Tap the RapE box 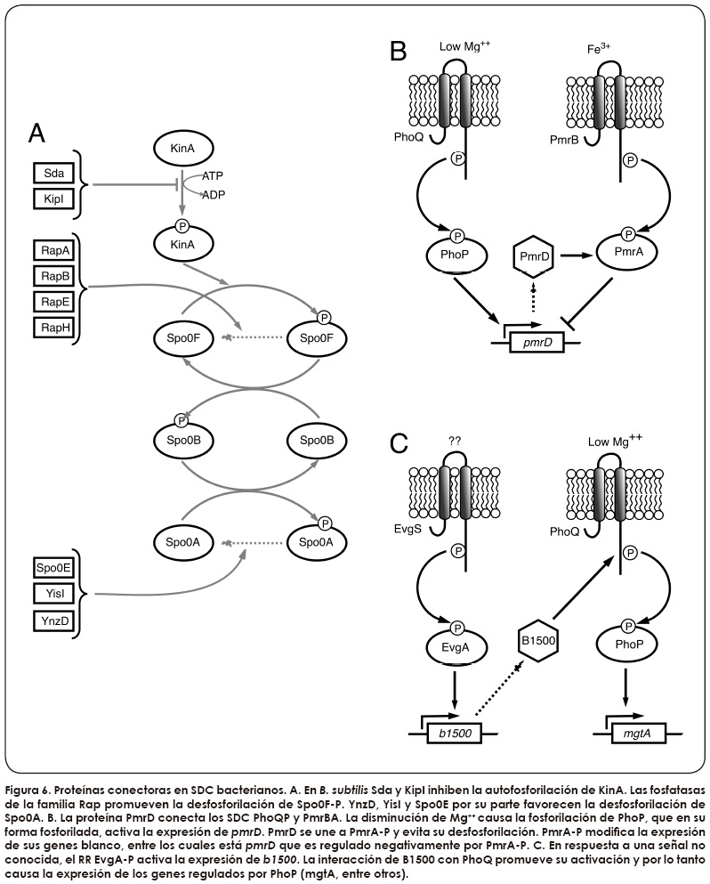51,301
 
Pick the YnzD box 51,620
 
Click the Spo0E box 51,566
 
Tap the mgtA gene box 637,734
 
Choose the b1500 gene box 454,734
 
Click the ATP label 213,178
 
